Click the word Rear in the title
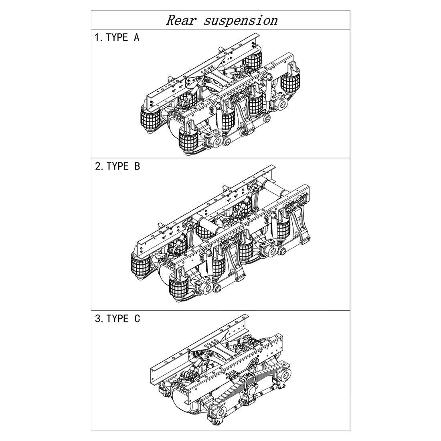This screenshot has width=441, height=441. (x=181, y=20)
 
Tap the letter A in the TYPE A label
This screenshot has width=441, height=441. (x=136, y=37)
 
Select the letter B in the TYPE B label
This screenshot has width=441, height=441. (x=137, y=166)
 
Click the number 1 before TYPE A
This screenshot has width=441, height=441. (x=97, y=37)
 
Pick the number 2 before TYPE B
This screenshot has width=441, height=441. (x=98, y=166)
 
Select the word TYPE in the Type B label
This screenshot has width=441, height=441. (x=117, y=166)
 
